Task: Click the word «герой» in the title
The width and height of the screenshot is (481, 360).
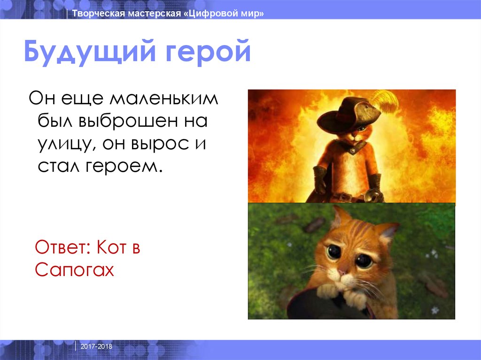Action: (206, 53)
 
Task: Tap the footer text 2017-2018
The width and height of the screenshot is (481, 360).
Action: (96, 346)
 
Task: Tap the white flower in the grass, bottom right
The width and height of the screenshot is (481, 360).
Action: (434, 310)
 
